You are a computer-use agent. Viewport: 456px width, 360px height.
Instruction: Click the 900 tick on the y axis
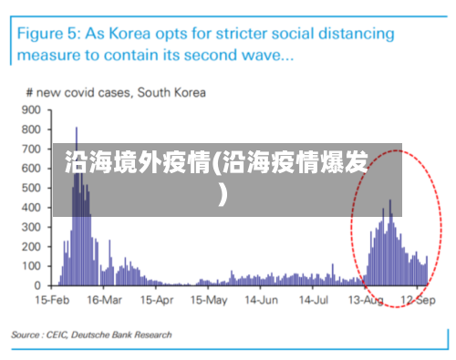tap(33, 109)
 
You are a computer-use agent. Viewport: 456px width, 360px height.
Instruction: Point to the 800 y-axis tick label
tap(33, 129)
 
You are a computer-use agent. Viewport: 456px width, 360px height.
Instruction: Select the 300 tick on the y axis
tap(33, 227)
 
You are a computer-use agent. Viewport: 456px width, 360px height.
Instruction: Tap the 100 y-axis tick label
tap(33, 266)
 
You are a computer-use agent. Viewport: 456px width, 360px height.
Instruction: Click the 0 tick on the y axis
tap(38, 285)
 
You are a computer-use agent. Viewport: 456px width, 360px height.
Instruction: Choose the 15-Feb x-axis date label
tap(54, 300)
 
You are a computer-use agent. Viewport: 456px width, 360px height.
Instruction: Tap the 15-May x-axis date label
tap(209, 300)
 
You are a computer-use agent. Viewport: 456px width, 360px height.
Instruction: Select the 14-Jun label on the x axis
tap(261, 300)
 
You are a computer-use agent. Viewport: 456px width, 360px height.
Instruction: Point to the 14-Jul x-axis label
tap(313, 300)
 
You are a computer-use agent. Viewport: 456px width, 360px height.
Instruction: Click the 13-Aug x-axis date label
tap(366, 300)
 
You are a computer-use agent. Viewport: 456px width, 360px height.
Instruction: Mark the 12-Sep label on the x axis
tap(418, 300)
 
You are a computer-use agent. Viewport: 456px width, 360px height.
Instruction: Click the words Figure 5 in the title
tap(47, 34)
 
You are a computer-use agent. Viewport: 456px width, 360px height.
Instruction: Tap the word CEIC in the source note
tap(60, 335)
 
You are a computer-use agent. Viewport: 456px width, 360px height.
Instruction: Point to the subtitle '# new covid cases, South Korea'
tap(115, 92)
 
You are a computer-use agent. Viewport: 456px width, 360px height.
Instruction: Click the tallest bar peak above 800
tap(77, 129)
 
